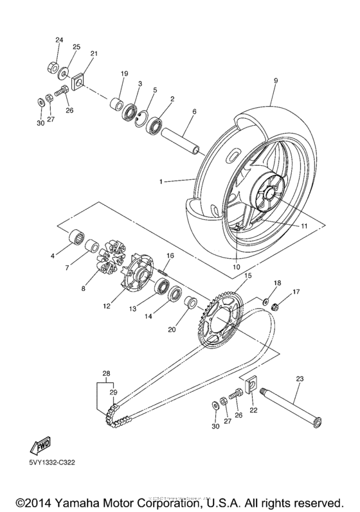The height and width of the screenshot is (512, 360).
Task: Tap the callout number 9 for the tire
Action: coord(275,81)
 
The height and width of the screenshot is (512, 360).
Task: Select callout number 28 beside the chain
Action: coord(106,373)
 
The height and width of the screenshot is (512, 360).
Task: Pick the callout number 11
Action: coord(305,226)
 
